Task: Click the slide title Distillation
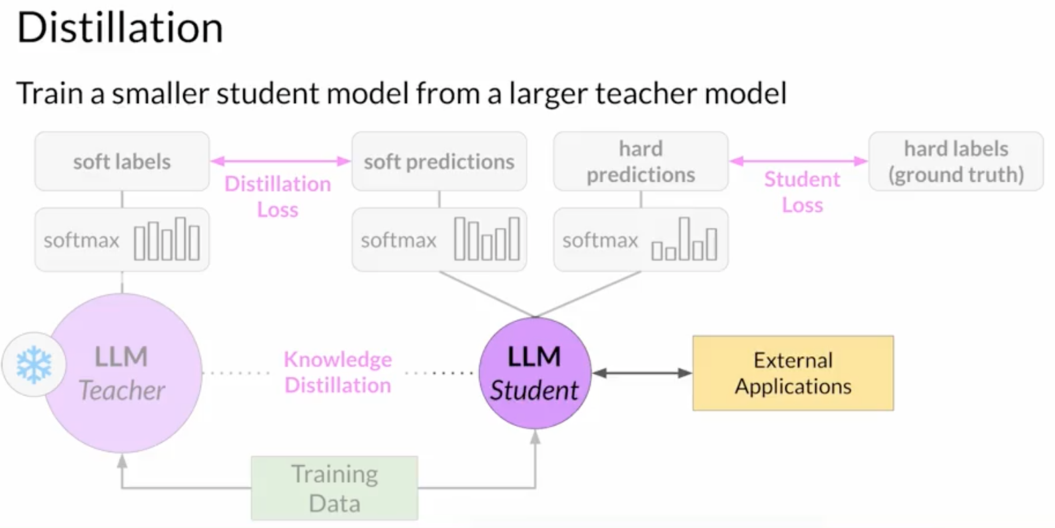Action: [120, 28]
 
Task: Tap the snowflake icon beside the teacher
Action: [34, 365]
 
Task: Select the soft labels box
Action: [122, 161]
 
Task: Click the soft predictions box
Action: [439, 161]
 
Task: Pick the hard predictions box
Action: [641, 161]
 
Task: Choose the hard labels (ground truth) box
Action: [956, 161]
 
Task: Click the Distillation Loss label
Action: [278, 196]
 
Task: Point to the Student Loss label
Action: [802, 192]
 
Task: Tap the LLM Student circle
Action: [535, 373]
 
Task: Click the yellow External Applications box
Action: [793, 373]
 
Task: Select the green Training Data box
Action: [334, 488]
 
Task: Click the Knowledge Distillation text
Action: [338, 372]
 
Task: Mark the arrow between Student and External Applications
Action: [642, 373]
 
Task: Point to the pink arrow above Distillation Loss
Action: [280, 161]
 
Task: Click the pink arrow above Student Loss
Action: [799, 161]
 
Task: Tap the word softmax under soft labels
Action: [81, 240]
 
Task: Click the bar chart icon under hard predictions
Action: [684, 239]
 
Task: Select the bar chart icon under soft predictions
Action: [487, 239]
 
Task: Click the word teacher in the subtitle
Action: [645, 93]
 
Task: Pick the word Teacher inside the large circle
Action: [121, 390]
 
